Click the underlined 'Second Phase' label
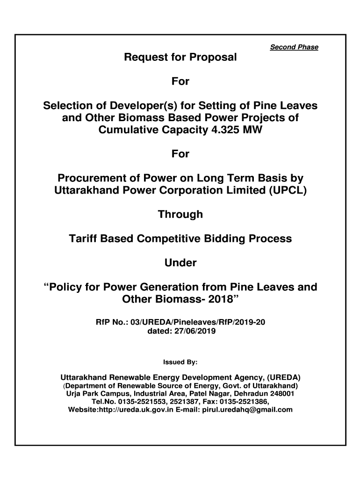[294, 47]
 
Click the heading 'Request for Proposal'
[180, 58]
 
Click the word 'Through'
[180, 214]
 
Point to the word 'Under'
[180, 263]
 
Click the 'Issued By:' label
[180, 362]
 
